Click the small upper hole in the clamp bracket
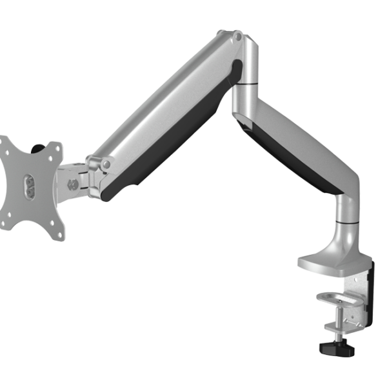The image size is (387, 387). click(x=353, y=282)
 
